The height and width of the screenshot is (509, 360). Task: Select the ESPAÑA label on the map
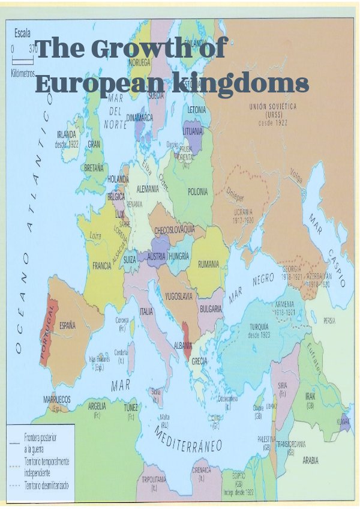click(67, 325)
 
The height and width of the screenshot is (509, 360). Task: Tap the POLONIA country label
click(197, 191)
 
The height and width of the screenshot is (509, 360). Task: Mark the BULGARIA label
click(211, 309)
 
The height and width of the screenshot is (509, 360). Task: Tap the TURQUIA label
click(262, 327)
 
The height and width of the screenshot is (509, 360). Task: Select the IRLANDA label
click(66, 134)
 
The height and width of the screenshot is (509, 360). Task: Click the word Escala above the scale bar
click(22, 34)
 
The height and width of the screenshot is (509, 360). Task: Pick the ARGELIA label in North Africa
click(97, 405)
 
